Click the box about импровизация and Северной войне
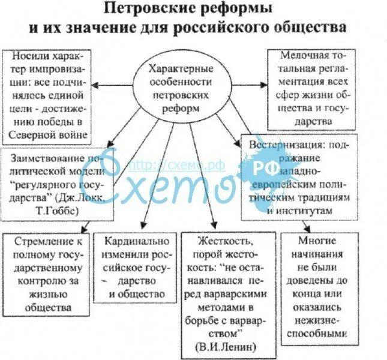point(49,95)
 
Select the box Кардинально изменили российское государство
point(137,268)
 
